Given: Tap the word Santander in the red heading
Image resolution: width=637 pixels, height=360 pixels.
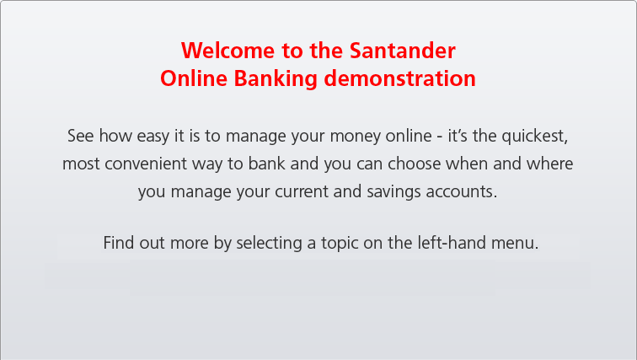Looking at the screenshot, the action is click(x=402, y=51).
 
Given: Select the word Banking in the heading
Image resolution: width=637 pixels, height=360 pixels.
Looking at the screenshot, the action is click(x=276, y=79).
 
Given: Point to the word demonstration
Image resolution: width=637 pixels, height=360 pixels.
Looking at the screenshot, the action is click(x=399, y=78).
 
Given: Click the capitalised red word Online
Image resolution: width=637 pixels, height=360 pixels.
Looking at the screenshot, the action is click(x=194, y=78).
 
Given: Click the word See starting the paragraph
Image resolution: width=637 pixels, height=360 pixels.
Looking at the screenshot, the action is click(x=80, y=136).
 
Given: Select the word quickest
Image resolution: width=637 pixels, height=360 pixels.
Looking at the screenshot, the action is click(x=534, y=137).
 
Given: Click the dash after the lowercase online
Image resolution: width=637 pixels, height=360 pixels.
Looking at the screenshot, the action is click(x=440, y=137).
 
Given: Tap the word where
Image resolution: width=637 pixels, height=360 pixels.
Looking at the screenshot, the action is click(x=549, y=164).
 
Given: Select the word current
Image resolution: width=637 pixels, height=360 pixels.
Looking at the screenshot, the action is click(x=301, y=191).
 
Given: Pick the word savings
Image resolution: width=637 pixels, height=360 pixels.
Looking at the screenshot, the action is click(x=393, y=192).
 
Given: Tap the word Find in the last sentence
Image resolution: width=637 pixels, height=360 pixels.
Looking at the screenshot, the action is click(x=119, y=243).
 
